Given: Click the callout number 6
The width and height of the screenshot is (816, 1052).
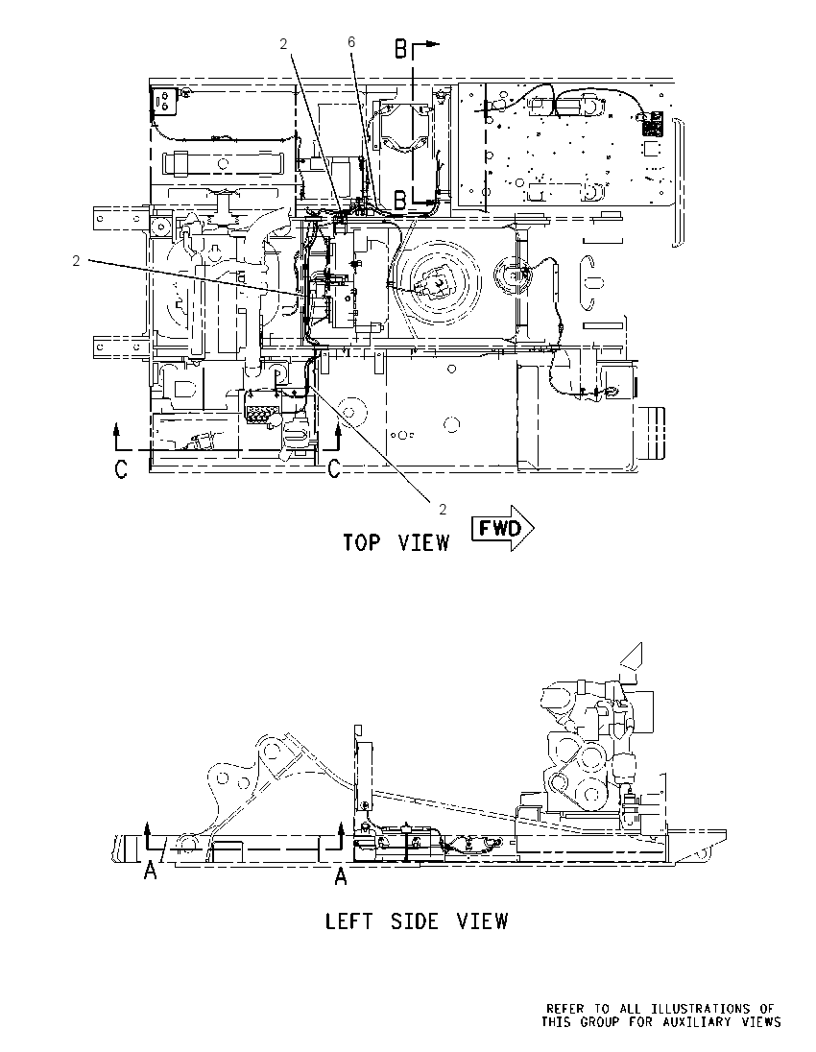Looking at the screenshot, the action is (x=351, y=42).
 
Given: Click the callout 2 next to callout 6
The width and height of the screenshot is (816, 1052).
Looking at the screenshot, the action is (x=284, y=43).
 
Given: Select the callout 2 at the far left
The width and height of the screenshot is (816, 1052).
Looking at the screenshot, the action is (x=77, y=261).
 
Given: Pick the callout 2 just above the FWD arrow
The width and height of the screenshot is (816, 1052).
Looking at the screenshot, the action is (x=443, y=510).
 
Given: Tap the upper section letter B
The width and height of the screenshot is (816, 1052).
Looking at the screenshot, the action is (x=400, y=49).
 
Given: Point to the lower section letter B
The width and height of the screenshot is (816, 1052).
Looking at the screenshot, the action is (x=400, y=200).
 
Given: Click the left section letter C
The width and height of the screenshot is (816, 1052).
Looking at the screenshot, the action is (x=121, y=469).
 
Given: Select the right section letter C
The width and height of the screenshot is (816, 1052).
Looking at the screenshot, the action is (x=334, y=469).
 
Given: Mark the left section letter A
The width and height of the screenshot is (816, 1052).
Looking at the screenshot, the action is (x=151, y=871).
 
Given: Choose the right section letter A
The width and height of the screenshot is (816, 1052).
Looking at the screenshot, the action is (x=341, y=875).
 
